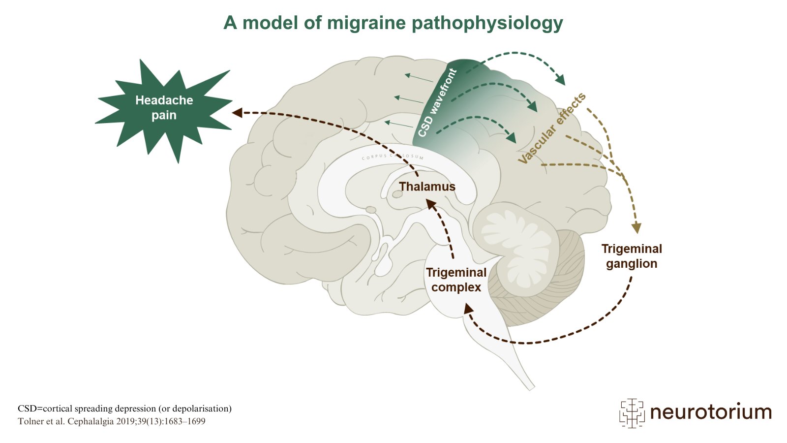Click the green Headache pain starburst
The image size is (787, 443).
(164, 108)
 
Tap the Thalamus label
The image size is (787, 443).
(427, 187)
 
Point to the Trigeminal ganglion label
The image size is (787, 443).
(632, 256)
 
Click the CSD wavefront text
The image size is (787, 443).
(437, 103)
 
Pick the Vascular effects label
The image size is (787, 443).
(552, 128)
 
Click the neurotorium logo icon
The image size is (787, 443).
(632, 412)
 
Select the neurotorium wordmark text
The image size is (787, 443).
(711, 412)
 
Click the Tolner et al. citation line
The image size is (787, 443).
(112, 421)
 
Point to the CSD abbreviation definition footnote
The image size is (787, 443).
(124, 409)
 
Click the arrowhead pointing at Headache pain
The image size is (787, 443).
(237, 113)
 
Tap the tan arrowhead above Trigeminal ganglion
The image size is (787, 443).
(636, 228)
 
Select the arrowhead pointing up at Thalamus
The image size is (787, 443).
(430, 203)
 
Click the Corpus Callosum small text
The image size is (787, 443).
(393, 157)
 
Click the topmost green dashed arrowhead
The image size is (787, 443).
(560, 80)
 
